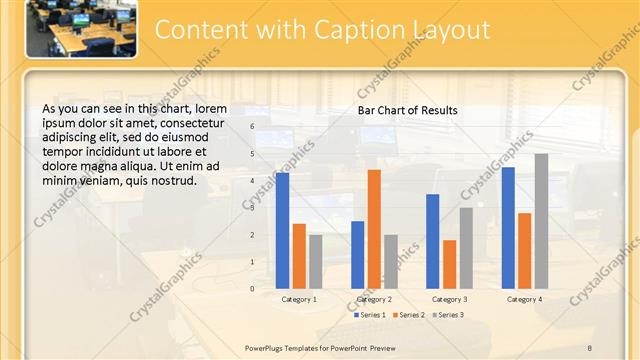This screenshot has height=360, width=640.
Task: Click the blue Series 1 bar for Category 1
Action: click(283, 230)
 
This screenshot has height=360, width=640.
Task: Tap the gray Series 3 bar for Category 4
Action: click(541, 221)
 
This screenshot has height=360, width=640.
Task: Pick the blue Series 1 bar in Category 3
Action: click(432, 241)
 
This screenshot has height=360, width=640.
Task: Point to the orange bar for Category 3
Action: click(449, 264)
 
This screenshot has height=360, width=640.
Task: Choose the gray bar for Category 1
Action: click(316, 261)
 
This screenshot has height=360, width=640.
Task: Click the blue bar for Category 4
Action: click(508, 228)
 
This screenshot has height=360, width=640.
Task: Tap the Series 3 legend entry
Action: click(448, 315)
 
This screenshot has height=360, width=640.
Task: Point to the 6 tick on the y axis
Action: click(252, 126)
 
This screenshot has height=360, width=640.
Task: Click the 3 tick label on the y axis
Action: click(252, 208)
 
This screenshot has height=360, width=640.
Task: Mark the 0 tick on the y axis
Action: click(252, 289)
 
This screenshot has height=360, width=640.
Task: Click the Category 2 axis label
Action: click(374, 299)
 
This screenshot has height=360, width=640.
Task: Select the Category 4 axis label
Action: click(524, 299)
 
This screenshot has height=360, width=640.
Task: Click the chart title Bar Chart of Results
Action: click(408, 110)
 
